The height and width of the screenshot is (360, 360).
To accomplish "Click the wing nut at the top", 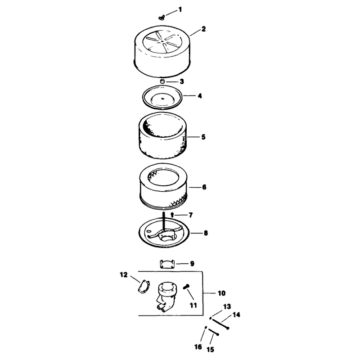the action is click(x=162, y=17).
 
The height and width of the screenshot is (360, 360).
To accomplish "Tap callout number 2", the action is click(x=203, y=29).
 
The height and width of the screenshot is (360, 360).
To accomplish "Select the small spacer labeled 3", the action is click(x=162, y=81).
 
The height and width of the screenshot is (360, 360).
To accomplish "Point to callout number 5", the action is click(x=203, y=137).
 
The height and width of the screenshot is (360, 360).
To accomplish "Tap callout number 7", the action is click(x=190, y=215).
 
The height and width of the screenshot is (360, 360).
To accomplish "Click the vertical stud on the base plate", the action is click(x=164, y=221).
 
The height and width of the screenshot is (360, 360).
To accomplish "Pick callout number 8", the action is click(x=206, y=233).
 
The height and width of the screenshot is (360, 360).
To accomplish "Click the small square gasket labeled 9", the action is click(x=167, y=264).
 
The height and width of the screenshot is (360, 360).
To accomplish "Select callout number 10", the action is click(x=221, y=293).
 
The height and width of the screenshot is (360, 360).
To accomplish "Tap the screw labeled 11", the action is click(x=186, y=287).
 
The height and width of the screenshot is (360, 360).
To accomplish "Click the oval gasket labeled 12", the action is click(x=144, y=287).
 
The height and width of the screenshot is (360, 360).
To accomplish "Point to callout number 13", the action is click(x=227, y=307).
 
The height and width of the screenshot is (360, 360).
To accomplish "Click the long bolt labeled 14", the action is click(x=220, y=324).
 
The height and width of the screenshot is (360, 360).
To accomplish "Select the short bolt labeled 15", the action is click(x=213, y=332).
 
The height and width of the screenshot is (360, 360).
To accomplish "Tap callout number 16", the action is click(x=198, y=346).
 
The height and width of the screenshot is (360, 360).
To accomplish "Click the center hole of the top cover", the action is click(x=162, y=41).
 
